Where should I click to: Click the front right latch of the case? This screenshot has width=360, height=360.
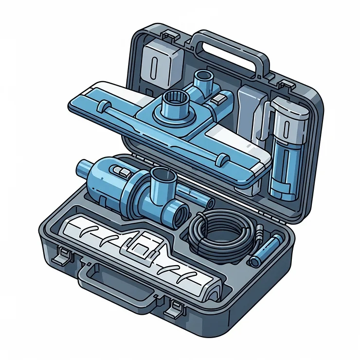pyautogui.click(x=176, y=307)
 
